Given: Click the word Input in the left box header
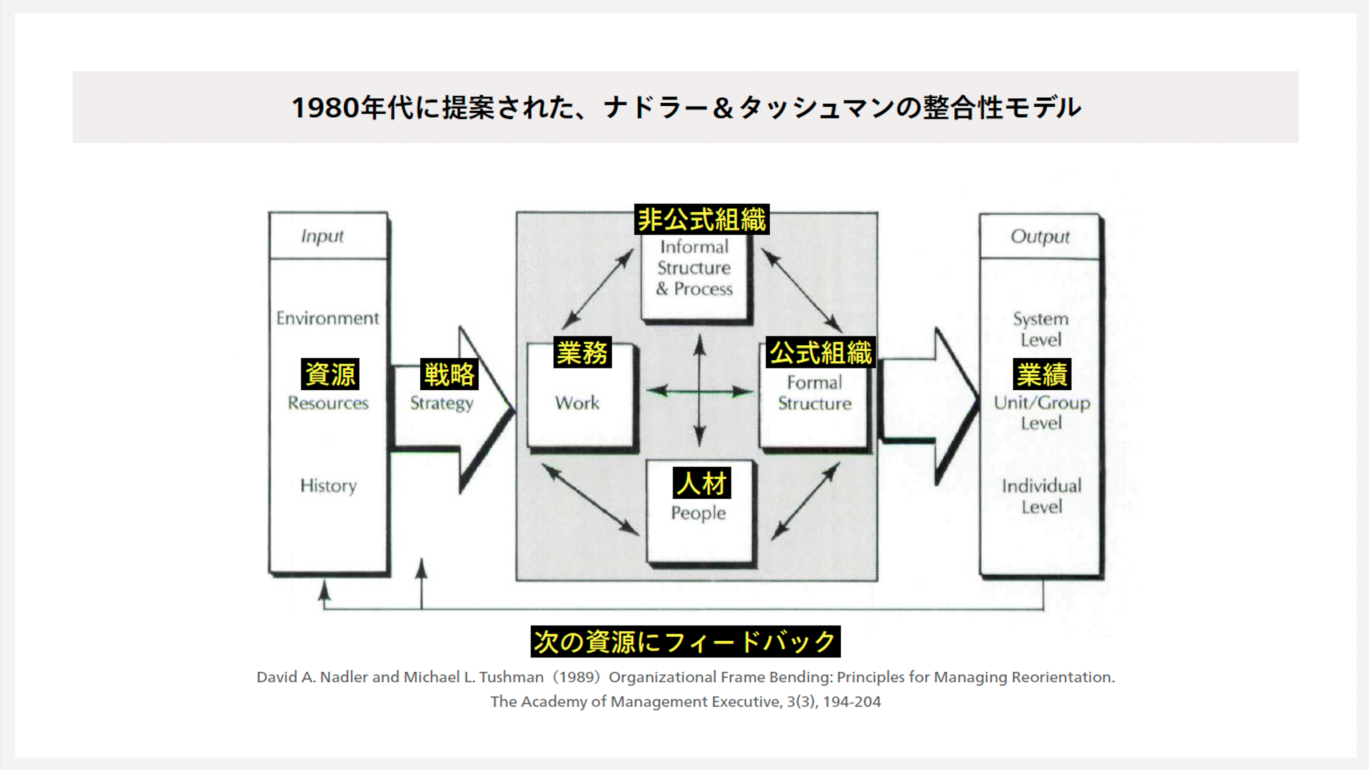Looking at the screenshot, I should (322, 236).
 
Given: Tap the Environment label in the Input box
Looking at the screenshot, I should (327, 318).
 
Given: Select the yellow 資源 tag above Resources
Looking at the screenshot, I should (330, 374).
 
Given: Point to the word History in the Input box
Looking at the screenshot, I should (328, 486).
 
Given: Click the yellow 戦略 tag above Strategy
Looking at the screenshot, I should (449, 374).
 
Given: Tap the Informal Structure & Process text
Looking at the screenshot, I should (694, 268).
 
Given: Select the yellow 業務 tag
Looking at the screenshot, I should (583, 352).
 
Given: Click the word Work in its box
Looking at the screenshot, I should (577, 403).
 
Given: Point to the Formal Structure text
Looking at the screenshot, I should (815, 393).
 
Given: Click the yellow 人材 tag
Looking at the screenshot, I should (702, 483).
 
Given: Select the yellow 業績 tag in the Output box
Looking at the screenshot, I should (1042, 374).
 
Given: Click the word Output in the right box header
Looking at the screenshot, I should (1040, 236).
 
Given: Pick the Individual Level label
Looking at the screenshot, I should (1042, 496).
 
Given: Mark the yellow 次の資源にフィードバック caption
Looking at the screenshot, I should (685, 641).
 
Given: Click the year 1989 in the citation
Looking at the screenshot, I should (576, 677).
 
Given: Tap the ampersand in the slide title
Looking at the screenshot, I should (723, 108).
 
